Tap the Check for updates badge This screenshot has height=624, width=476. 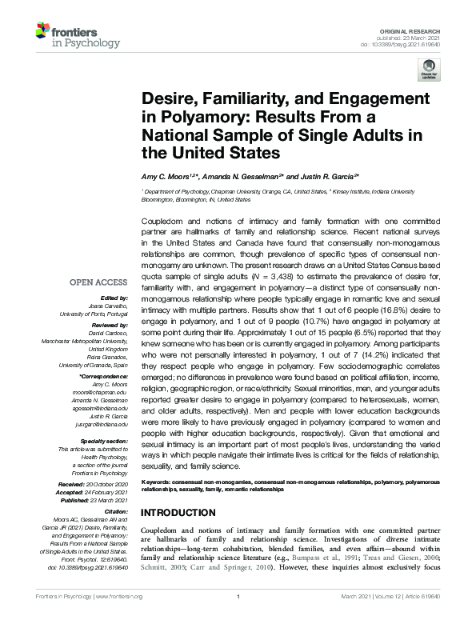click(x=428, y=72)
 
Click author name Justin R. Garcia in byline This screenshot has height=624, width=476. click(x=324, y=175)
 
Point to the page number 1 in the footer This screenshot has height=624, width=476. click(x=238, y=618)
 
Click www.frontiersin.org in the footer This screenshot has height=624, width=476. click(x=118, y=618)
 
